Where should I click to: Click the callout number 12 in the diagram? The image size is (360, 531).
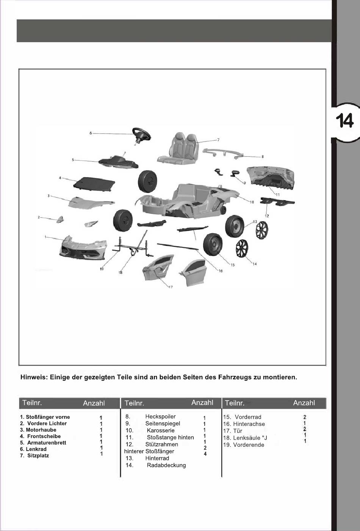click(x=267, y=216)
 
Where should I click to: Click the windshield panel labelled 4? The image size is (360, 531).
click(x=94, y=185)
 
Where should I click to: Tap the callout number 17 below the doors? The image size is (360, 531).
click(x=171, y=287)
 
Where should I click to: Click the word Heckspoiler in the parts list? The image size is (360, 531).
click(x=160, y=416)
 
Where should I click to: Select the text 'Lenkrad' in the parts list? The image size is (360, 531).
click(x=36, y=449)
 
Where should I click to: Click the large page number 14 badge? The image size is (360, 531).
click(x=344, y=121)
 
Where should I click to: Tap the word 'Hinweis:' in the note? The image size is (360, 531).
click(x=34, y=377)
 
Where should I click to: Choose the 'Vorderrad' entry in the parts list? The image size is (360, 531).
click(x=248, y=417)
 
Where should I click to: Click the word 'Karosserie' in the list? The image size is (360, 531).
click(x=161, y=430)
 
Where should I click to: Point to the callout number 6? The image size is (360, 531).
click(x=91, y=133)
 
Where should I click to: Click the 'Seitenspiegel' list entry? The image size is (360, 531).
click(x=163, y=423)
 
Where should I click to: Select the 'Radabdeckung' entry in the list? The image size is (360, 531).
click(x=166, y=465)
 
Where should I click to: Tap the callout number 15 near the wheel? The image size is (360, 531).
click(x=232, y=265)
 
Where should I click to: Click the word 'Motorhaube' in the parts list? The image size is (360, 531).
click(x=41, y=430)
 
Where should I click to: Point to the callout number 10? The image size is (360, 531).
click(x=252, y=202)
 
